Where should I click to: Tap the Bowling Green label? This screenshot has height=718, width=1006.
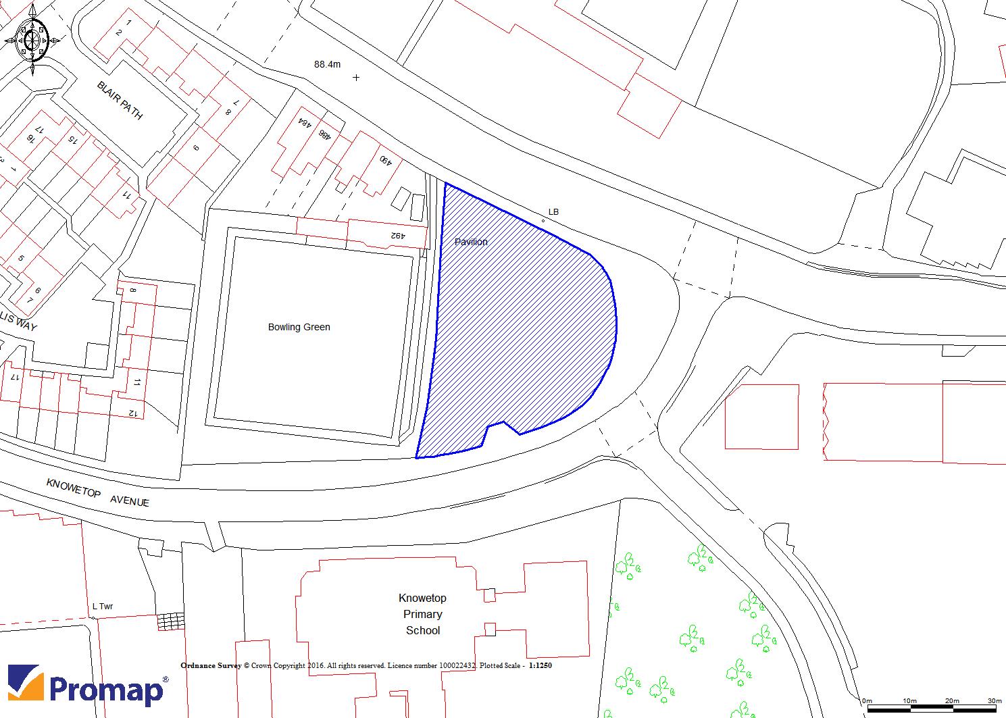(299, 327)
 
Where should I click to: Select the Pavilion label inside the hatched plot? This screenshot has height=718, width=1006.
(471, 242)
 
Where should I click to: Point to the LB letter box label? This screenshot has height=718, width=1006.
(553, 212)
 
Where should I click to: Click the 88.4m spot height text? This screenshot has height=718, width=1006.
(328, 64)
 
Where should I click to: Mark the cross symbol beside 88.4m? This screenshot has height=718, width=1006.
(356, 78)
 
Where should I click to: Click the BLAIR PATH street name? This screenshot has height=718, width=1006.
(120, 101)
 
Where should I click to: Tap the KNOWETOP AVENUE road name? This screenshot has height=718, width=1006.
(97, 493)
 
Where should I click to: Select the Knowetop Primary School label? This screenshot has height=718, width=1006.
(423, 614)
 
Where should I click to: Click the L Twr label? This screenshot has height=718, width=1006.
(103, 607)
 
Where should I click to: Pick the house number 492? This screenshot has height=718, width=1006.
(397, 236)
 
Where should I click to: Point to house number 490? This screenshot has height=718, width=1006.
(384, 161)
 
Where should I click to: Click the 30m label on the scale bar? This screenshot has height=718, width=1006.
(994, 700)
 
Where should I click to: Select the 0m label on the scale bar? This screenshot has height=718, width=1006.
(867, 700)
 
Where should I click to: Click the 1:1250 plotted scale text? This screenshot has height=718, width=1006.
(540, 665)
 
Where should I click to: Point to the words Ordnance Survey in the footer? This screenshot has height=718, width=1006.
(211, 665)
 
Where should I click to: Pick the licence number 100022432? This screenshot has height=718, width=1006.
(457, 665)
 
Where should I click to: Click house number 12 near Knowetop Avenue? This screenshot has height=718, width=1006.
(132, 413)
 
